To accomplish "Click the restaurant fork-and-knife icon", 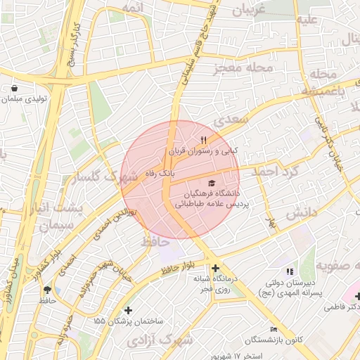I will click(x=203, y=140).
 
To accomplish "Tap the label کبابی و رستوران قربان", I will click(x=203, y=151).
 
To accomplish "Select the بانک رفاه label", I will click(x=159, y=172).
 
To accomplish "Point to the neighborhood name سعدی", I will click(x=231, y=120).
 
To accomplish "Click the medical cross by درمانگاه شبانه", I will click(x=215, y=268).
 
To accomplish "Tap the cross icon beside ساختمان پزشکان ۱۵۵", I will click(x=127, y=310).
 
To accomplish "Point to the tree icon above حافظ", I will click(x=47, y=290).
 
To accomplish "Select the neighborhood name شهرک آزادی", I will click(x=161, y=340).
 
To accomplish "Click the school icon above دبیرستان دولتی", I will click(x=288, y=271).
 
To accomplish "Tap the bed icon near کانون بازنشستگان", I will click(x=274, y=330).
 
